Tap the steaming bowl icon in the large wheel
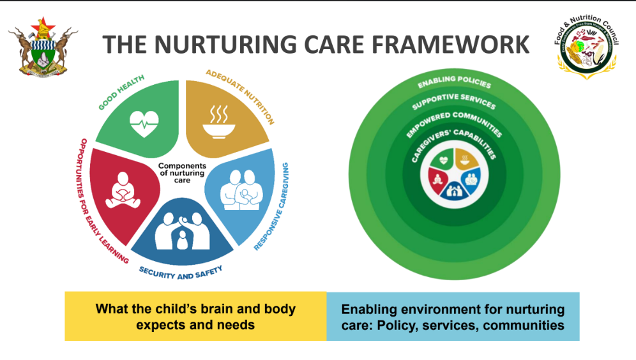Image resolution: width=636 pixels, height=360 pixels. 218,121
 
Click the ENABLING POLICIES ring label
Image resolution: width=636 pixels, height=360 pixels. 454,82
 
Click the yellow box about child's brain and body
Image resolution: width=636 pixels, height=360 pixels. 195,317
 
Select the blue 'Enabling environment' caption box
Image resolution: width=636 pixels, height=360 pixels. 453,317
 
